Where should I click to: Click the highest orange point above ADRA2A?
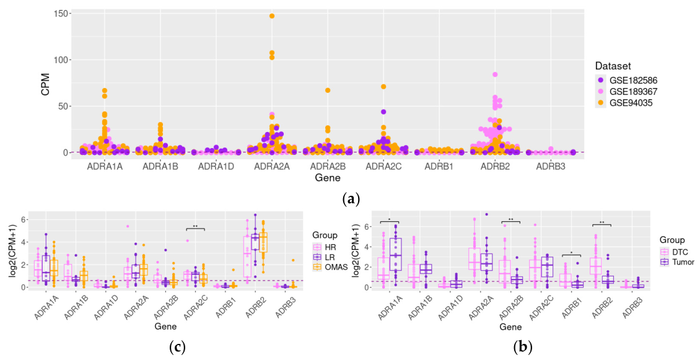(x=272, y=16)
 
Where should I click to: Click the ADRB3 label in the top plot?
(x=551, y=167)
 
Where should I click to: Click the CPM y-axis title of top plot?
(x=46, y=83)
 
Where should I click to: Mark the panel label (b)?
(x=523, y=346)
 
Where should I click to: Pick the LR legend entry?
(x=325, y=257)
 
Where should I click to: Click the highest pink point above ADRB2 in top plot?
(x=495, y=74)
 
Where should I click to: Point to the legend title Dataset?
(x=613, y=66)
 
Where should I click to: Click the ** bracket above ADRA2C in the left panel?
(x=195, y=229)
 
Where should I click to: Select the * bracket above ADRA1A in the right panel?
(x=389, y=222)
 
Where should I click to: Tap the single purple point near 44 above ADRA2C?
(x=383, y=112)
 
